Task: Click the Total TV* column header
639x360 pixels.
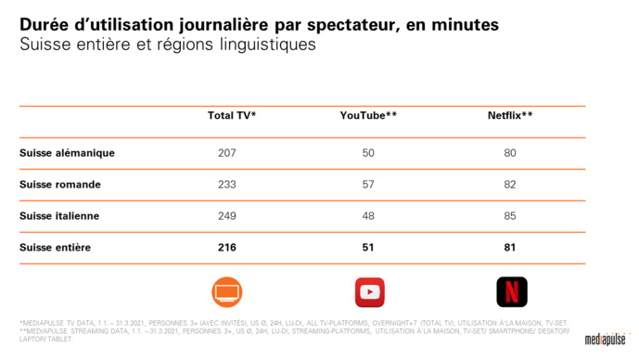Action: pyautogui.click(x=231, y=116)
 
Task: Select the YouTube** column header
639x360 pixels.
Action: pyautogui.click(x=369, y=116)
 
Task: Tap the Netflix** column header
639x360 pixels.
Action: pyautogui.click(x=509, y=116)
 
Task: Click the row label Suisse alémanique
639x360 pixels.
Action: pyautogui.click(x=67, y=153)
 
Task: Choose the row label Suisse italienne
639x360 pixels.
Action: pyautogui.click(x=59, y=216)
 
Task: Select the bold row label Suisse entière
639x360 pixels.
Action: pyautogui.click(x=57, y=248)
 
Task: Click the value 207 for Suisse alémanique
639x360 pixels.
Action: pyautogui.click(x=227, y=153)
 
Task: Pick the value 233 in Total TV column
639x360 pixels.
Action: pyautogui.click(x=227, y=185)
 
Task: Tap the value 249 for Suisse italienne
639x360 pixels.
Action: pyautogui.click(x=227, y=216)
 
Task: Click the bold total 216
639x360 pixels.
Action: pyautogui.click(x=227, y=248)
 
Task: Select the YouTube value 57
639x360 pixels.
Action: pyautogui.click(x=369, y=185)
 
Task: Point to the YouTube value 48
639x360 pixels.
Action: pyautogui.click(x=369, y=216)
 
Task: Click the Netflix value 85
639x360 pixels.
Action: pyautogui.click(x=509, y=216)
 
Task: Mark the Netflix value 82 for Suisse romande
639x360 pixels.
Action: pyautogui.click(x=509, y=185)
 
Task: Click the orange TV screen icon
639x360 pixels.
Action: pyautogui.click(x=227, y=291)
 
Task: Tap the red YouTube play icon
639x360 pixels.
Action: pyautogui.click(x=369, y=291)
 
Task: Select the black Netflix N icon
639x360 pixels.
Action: pyautogui.click(x=511, y=291)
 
